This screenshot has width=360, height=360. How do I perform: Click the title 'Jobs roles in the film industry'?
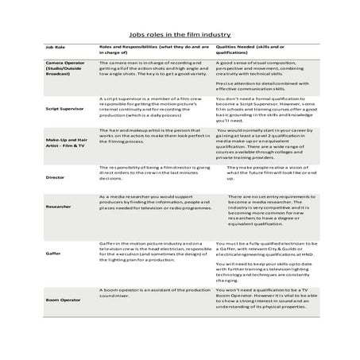[x=179, y=35]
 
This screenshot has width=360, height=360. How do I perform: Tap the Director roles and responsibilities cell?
[x=151, y=174]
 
